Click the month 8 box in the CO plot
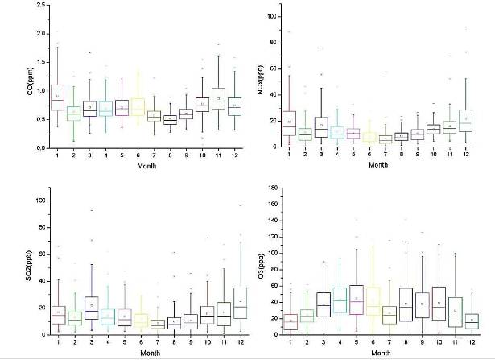[169, 120]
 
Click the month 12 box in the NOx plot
[464, 120]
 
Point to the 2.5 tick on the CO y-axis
[39, 5]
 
